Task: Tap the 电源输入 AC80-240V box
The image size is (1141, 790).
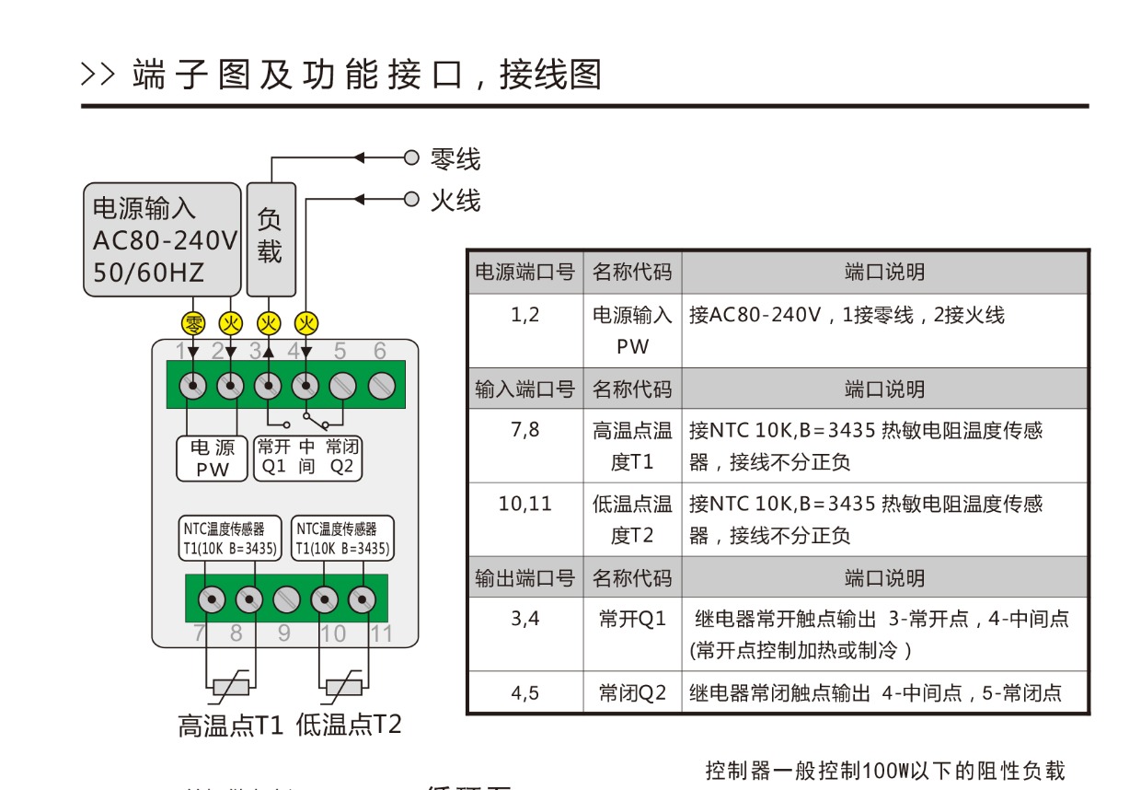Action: click(x=162, y=239)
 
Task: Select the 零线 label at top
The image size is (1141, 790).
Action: click(x=455, y=158)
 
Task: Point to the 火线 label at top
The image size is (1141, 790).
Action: click(x=455, y=199)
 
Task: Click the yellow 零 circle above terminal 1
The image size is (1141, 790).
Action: click(x=194, y=323)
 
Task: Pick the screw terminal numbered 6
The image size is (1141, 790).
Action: click(x=381, y=386)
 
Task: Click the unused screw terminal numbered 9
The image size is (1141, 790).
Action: click(x=286, y=600)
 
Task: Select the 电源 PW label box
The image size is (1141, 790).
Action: click(x=213, y=458)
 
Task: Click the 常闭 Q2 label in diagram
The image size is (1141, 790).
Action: click(x=342, y=458)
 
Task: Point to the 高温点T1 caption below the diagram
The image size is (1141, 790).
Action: click(x=231, y=725)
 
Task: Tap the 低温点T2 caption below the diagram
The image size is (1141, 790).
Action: click(x=349, y=725)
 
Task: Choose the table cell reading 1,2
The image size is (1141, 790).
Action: click(x=525, y=316)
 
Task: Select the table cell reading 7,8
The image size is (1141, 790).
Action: click(x=525, y=430)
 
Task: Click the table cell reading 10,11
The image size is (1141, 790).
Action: click(x=525, y=504)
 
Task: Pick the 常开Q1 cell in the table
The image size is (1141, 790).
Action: click(x=632, y=619)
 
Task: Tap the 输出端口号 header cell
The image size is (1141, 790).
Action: click(x=524, y=578)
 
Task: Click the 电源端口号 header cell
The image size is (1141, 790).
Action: click(x=524, y=273)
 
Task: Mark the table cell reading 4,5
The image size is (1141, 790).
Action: click(x=525, y=693)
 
